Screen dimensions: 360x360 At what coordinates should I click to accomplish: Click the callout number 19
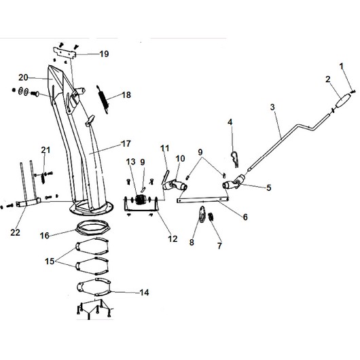(x=104, y=54)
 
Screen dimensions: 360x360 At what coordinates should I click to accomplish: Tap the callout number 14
(x=144, y=293)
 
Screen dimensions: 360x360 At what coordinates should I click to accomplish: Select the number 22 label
(x=15, y=232)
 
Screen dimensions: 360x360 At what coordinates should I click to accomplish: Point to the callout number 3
(x=272, y=107)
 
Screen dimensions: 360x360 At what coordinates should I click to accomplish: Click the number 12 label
(x=173, y=239)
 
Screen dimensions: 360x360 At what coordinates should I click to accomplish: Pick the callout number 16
(x=45, y=236)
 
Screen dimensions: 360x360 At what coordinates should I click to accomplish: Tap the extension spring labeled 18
(x=103, y=99)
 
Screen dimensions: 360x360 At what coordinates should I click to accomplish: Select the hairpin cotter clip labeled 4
(x=234, y=158)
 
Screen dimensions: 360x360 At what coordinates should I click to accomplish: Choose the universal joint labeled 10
(x=175, y=184)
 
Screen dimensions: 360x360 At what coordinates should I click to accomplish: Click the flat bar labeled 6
(x=202, y=200)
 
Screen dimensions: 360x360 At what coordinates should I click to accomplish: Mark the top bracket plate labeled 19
(x=65, y=53)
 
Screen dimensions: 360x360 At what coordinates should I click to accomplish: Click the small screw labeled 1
(x=353, y=92)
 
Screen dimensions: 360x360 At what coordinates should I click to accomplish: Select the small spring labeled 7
(x=211, y=217)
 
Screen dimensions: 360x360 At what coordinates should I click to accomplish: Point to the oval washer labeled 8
(x=202, y=215)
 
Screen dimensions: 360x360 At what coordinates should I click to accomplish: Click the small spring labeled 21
(x=43, y=178)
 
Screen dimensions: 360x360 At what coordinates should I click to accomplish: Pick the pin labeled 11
(x=166, y=176)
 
